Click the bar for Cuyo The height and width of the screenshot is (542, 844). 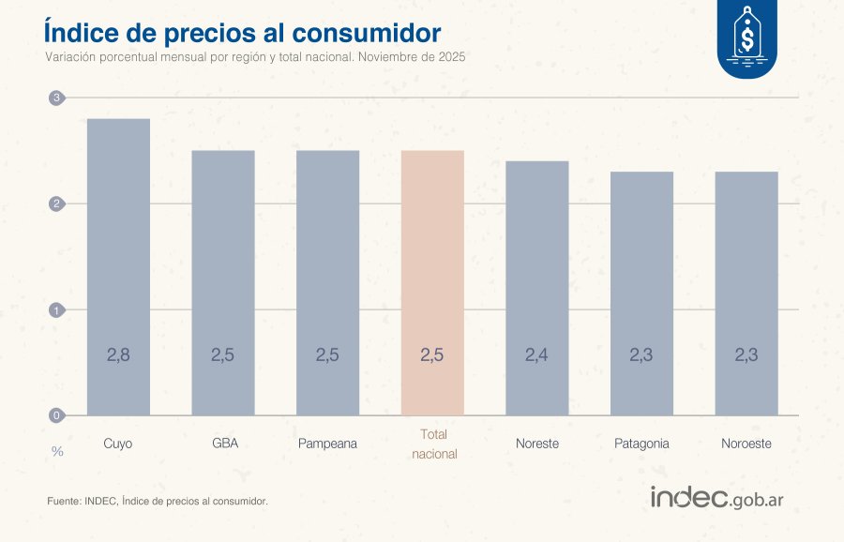click(118, 267)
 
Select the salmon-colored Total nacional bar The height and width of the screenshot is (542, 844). click(432, 281)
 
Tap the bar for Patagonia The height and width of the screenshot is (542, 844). click(641, 293)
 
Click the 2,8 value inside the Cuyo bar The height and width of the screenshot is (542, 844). click(118, 355)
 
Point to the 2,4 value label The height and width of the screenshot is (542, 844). click(536, 355)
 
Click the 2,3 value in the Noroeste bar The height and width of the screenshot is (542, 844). click(746, 355)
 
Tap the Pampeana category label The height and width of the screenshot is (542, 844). click(327, 444)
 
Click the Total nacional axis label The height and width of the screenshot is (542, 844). click(433, 444)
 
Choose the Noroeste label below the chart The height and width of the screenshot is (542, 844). click(746, 444)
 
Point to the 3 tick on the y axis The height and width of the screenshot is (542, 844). click(56, 98)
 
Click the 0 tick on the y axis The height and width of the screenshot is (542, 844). click(56, 415)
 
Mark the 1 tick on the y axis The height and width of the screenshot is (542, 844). click(56, 309)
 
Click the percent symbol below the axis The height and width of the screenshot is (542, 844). click(57, 452)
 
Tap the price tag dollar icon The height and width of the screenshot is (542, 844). click(747, 39)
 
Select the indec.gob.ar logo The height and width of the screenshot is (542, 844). click(716, 498)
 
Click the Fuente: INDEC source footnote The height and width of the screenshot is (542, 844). click(158, 502)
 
